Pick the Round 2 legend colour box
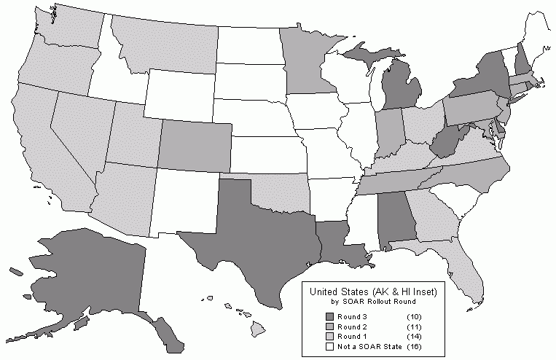coord(329,326)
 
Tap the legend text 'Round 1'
coord(353,337)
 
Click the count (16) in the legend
coord(414,347)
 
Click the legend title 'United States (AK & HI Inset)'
coord(372,292)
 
